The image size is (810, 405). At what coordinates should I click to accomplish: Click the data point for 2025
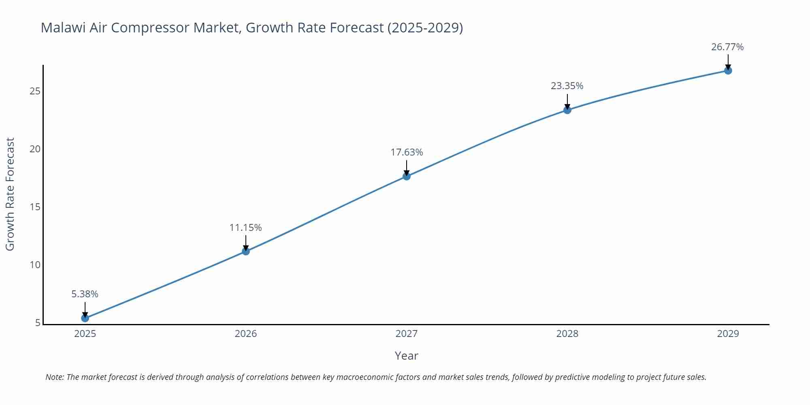point(85,318)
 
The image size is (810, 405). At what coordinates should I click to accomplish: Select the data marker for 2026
point(246,251)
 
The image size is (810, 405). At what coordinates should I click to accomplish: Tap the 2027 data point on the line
point(407,176)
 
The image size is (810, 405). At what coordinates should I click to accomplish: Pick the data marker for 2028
point(567,110)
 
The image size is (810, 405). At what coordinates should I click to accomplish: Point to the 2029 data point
point(728,70)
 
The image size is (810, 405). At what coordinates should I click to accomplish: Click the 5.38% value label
point(85,294)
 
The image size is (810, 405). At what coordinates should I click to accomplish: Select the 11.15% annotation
point(245,228)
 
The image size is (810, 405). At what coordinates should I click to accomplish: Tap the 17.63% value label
point(407,152)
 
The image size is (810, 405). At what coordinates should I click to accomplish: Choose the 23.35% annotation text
point(567,86)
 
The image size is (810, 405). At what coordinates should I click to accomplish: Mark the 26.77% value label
point(727,47)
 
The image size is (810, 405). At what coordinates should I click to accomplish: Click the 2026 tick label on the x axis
point(246,334)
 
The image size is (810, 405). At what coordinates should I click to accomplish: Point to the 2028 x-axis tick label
point(567,334)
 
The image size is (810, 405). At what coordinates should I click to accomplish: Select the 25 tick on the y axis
point(35,91)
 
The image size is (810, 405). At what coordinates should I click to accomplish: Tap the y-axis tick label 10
point(35,265)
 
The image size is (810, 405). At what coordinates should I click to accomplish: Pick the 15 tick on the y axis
point(35,207)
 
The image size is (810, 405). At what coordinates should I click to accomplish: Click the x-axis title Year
point(406,356)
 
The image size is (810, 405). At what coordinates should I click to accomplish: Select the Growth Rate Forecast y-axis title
point(10,194)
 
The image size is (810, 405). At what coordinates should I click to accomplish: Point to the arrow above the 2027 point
point(407,167)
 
